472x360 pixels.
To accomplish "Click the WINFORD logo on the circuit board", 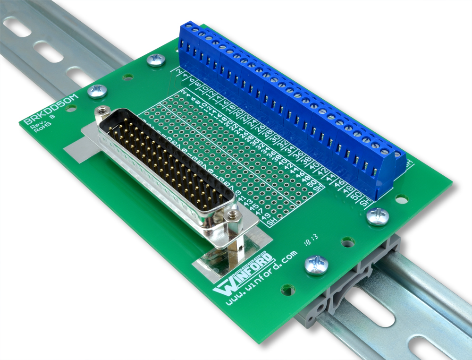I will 244,274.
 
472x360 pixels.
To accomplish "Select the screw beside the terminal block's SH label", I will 378,216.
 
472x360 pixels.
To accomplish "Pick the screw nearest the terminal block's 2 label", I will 156,60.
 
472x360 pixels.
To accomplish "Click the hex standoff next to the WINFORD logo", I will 232,217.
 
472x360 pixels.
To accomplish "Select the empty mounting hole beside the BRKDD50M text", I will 71,108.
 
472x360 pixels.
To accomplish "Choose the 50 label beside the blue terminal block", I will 357,195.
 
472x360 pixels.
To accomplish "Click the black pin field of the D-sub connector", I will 170,161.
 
